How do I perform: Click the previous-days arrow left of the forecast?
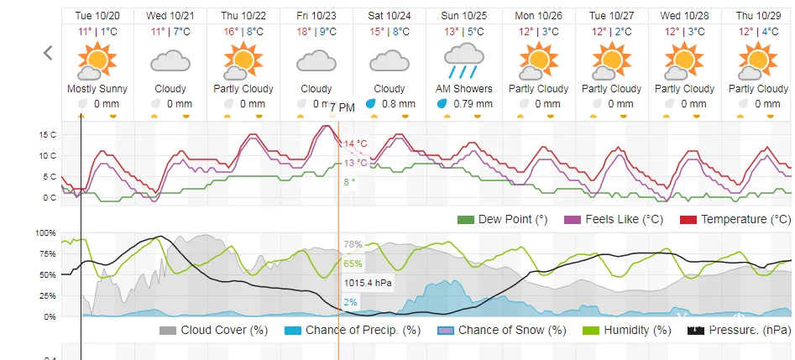(x=48, y=53)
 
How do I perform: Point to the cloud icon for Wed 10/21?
(x=170, y=60)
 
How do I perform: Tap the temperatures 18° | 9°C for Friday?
(x=316, y=31)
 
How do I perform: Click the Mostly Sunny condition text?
(x=97, y=89)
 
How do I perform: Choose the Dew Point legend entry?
(x=502, y=220)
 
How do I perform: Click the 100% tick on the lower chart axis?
(x=45, y=232)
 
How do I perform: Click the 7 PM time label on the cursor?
(x=342, y=107)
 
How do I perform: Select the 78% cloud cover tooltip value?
(x=353, y=244)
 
